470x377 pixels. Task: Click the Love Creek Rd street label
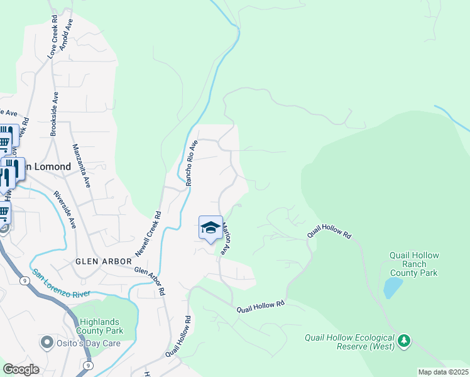click(x=56, y=30)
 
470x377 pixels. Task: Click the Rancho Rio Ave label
click(x=191, y=162)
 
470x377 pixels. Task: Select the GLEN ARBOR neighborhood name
click(x=104, y=261)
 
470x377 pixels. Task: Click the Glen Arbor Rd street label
click(x=151, y=281)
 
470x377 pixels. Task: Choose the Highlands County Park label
click(x=99, y=325)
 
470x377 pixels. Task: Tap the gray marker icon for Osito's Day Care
click(x=46, y=343)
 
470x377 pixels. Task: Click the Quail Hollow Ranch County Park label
click(x=413, y=265)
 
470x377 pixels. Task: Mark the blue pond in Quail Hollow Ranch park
click(x=393, y=288)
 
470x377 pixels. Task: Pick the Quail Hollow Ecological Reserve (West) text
click(x=350, y=342)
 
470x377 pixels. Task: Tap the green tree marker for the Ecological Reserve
click(x=405, y=341)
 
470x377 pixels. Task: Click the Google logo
click(x=21, y=369)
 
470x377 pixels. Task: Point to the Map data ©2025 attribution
click(x=443, y=372)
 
